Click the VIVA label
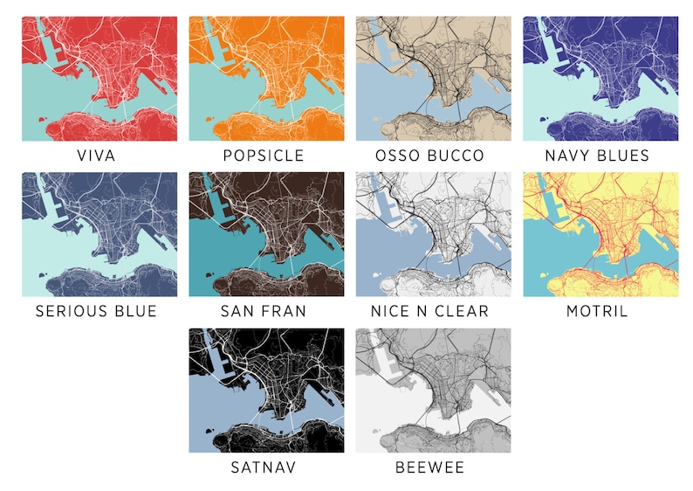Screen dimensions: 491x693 tap(96, 156)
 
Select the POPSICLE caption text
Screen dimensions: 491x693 tap(264, 156)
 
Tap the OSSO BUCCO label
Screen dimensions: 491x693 tap(431, 156)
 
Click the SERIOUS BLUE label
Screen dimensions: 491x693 tap(96, 311)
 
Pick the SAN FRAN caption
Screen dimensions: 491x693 tap(264, 311)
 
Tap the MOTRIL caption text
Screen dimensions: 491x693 tap(598, 311)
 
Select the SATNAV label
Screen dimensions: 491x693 tap(264, 467)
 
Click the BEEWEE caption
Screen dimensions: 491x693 tap(430, 467)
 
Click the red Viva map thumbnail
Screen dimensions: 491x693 tap(99, 79)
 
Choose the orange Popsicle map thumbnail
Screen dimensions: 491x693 tap(266, 79)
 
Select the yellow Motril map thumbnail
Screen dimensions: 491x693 tap(600, 234)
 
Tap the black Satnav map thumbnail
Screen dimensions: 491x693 tap(266, 391)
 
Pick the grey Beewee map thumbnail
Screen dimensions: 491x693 tap(433, 391)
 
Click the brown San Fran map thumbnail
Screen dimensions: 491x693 tap(266, 234)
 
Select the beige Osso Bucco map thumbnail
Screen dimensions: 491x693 tap(433, 79)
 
